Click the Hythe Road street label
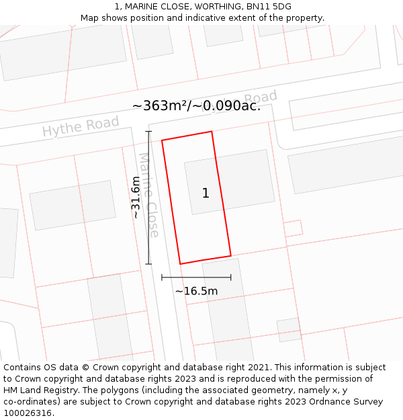81,126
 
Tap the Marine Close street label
149,195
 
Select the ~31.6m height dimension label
136,198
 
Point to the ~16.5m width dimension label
196,291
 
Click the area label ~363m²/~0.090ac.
196,106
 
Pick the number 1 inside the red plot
206,194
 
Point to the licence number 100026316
29,413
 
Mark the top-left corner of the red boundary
162,140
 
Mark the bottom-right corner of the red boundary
231,256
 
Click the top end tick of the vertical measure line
149,132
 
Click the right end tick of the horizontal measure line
231,277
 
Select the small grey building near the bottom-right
289,329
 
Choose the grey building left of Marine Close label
73,205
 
